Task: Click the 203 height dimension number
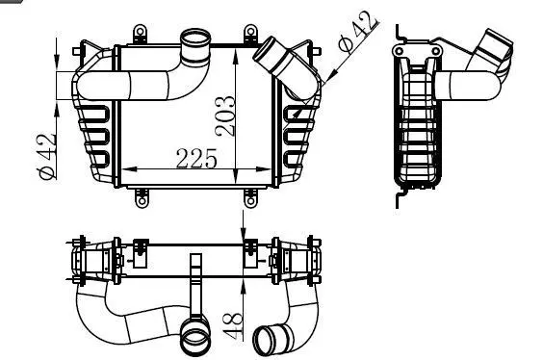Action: click(x=225, y=116)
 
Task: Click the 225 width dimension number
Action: click(x=196, y=159)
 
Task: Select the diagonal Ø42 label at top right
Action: click(x=359, y=32)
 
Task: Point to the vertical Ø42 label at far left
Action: click(x=47, y=156)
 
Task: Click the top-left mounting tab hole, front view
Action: click(x=140, y=32)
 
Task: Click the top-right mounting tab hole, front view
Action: click(x=250, y=32)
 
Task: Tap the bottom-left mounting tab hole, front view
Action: click(x=142, y=201)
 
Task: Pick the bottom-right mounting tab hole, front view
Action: click(x=251, y=201)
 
